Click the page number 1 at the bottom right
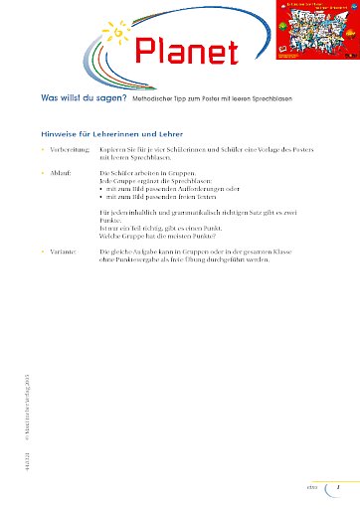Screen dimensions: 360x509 (338, 488)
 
